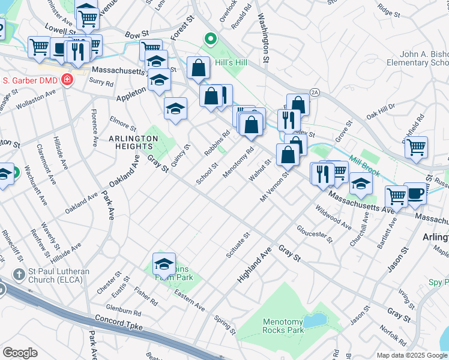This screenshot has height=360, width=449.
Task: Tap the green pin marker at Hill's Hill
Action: coord(210,40)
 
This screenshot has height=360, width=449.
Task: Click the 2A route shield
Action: coord(315,91)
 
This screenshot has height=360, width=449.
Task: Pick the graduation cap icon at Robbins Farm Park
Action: coord(164,263)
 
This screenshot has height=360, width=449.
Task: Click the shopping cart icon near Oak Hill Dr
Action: coord(416,146)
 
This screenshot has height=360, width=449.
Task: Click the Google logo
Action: coord(20,352)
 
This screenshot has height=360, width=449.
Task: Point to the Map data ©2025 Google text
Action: coord(411,355)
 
